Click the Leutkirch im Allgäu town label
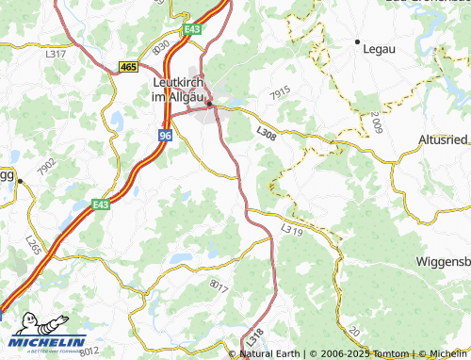tap(184, 87)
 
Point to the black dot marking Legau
tap(357, 42)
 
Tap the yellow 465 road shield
tap(129, 66)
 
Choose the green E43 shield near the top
tap(192, 30)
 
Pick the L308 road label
tap(266, 136)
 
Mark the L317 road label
tap(56, 54)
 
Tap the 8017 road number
tap(219, 284)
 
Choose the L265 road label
tap(34, 244)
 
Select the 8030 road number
tap(160, 45)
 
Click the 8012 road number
tap(89, 351)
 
